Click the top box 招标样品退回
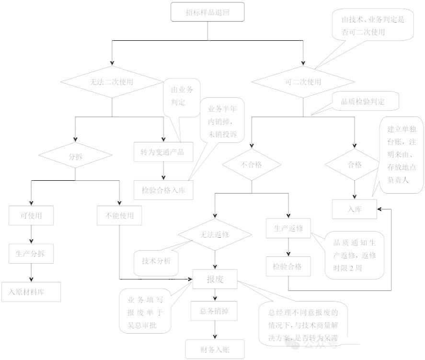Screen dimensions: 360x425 (207, 12)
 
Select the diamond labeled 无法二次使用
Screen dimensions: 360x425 (112, 82)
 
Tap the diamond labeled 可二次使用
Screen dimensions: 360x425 (303, 82)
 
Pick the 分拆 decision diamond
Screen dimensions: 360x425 (76, 156)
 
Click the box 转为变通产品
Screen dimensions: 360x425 (163, 152)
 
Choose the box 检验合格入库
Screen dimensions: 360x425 (163, 190)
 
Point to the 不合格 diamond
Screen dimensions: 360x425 (252, 165)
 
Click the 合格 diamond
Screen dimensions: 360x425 (355, 165)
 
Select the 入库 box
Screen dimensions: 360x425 (355, 209)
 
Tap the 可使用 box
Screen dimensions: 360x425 (31, 216)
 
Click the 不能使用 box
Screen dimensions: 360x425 (119, 216)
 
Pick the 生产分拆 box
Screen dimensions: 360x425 (31, 254)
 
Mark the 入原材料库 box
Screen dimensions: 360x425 (31, 291)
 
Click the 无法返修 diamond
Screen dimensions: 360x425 (215, 235)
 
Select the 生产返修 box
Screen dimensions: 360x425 (288, 228)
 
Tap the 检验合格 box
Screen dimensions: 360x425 (288, 267)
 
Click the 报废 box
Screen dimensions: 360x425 (215, 279)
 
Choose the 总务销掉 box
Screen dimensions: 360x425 (215, 311)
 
